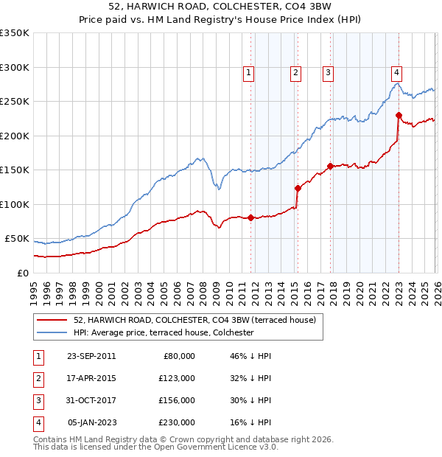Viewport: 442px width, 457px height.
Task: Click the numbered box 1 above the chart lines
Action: point(249,72)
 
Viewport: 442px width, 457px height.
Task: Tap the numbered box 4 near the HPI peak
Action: point(396,72)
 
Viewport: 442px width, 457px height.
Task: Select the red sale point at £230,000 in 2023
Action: point(399,115)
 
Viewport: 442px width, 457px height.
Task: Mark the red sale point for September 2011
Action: point(251,217)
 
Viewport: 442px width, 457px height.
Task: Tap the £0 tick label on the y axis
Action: point(22,273)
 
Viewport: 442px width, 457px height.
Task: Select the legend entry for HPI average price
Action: point(163,332)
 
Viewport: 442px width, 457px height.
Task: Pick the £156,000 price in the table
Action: point(177,400)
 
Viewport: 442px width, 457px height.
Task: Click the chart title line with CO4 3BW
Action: point(221,8)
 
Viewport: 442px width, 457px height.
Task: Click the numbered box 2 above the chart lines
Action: point(295,72)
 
